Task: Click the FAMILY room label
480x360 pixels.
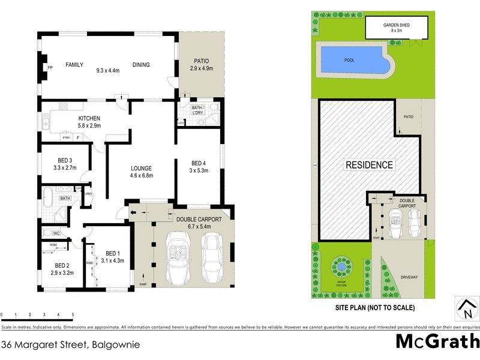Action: pos(74,65)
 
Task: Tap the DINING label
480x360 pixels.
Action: pos(141,65)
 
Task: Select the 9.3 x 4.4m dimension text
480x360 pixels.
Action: pos(109,70)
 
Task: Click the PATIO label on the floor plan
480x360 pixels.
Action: pos(201,61)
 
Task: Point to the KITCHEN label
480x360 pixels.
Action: pos(89,118)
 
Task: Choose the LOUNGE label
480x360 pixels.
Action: pos(142,169)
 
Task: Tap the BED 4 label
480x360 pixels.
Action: pos(199,163)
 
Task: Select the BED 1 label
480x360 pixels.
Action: pos(113,253)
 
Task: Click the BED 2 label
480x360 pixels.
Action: pos(62,265)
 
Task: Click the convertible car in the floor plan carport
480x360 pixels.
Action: pos(178,257)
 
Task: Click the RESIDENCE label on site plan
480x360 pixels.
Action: pos(368,164)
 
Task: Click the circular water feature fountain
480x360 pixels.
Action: pos(340,266)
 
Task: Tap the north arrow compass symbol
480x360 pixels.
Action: pos(466,309)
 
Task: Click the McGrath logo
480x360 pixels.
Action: pos(437,341)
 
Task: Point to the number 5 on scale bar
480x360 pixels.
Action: pos(73,314)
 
